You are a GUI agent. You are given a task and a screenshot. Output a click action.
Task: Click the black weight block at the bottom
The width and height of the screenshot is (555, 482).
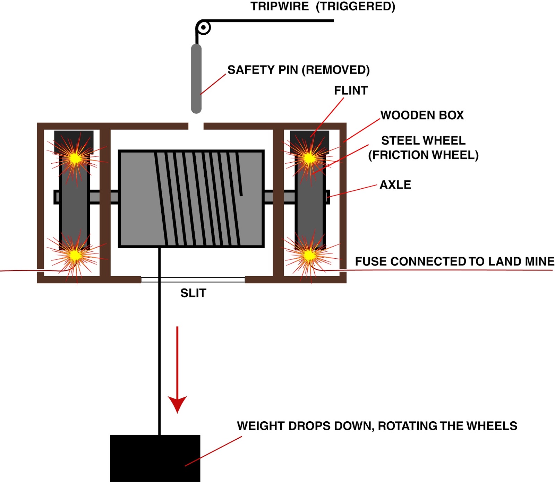pyautogui.click(x=155, y=458)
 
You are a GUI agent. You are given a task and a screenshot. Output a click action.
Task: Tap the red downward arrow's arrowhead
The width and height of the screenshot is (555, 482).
pyautogui.click(x=177, y=404)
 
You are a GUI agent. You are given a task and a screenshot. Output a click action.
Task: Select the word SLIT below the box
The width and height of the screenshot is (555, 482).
pyautogui.click(x=193, y=293)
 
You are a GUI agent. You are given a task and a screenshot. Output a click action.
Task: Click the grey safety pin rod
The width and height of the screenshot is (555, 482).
pyautogui.click(x=196, y=78)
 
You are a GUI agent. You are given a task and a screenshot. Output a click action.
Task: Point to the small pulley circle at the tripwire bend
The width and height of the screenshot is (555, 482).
pyautogui.click(x=204, y=27)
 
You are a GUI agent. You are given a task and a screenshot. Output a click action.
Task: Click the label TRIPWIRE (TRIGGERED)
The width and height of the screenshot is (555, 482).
pyautogui.click(x=323, y=6)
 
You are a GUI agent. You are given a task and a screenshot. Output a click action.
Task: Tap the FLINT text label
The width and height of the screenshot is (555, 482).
pyautogui.click(x=351, y=91)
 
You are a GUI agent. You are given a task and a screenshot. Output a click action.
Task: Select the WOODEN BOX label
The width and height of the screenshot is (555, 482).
pyautogui.click(x=422, y=115)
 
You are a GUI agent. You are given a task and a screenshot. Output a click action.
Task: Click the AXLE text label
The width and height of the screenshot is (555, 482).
pyautogui.click(x=395, y=185)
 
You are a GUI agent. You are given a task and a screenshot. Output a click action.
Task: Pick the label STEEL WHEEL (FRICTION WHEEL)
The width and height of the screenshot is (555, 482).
pyautogui.click(x=423, y=148)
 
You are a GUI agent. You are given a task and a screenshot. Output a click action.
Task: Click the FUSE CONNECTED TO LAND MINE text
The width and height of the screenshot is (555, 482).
pyautogui.click(x=454, y=261)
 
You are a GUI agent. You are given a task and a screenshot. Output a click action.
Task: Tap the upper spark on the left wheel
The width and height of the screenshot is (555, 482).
pyautogui.click(x=75, y=158)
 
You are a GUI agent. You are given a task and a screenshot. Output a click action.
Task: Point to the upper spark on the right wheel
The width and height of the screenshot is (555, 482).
pyautogui.click(x=309, y=158)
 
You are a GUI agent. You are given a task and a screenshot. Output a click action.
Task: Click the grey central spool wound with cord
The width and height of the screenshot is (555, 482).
pyautogui.click(x=191, y=199)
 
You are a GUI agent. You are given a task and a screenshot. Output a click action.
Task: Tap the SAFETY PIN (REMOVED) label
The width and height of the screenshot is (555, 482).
pyautogui.click(x=298, y=70)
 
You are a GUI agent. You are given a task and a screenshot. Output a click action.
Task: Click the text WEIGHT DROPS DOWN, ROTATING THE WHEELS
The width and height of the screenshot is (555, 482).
pyautogui.click(x=377, y=426)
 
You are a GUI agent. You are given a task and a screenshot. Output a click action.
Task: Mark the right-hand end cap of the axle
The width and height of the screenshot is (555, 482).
pyautogui.click(x=327, y=197)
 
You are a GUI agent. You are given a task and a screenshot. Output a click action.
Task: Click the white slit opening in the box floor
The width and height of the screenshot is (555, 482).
pyautogui.click(x=193, y=279)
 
